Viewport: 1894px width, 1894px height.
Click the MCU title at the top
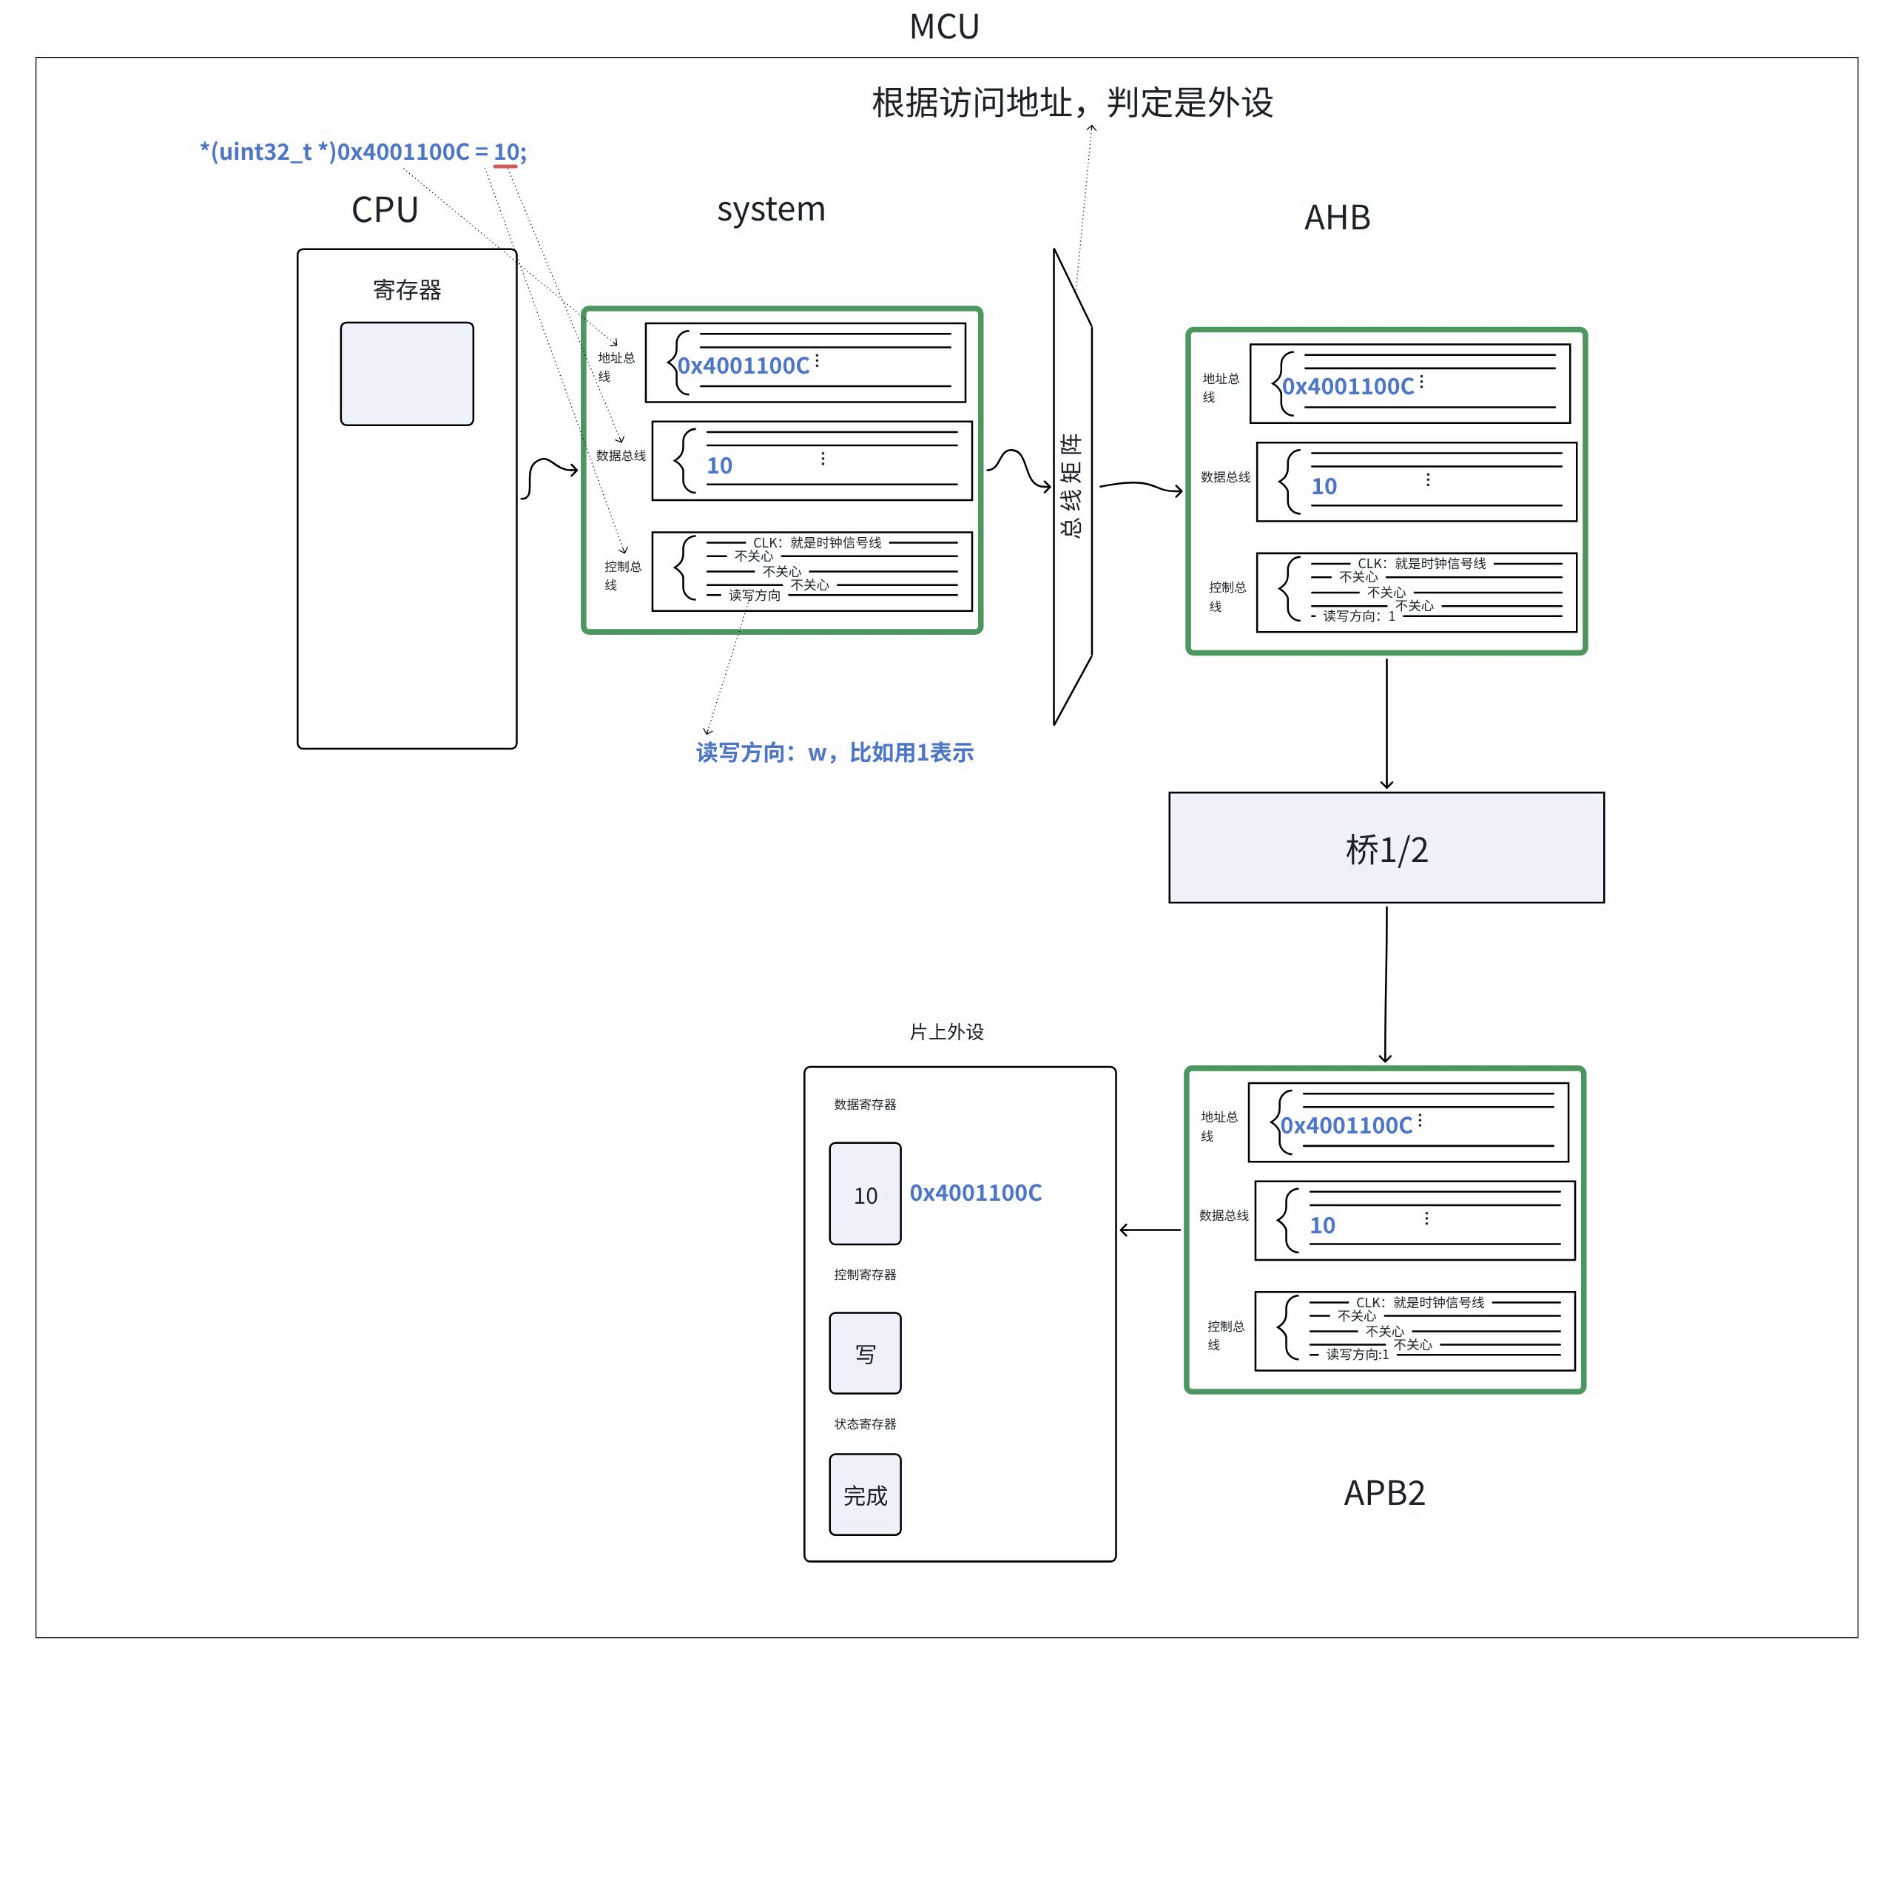[944, 27]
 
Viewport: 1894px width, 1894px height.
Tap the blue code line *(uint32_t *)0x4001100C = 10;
[363, 152]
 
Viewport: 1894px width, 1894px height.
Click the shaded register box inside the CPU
[407, 374]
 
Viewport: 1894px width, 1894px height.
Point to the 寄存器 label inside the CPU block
[407, 290]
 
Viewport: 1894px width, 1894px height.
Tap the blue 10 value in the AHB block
[1324, 486]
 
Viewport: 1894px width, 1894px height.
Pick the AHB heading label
[1337, 218]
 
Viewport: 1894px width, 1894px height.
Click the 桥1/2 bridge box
[1386, 848]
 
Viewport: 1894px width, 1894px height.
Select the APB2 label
[1384, 1493]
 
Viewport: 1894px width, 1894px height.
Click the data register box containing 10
[865, 1193]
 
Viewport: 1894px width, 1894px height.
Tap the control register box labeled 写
[865, 1353]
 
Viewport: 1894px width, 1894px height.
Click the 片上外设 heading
[946, 1031]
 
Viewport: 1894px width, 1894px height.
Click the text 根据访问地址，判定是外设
[1073, 102]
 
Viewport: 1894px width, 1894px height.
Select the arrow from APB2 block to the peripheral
[1150, 1230]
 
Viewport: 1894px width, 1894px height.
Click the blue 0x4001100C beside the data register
[975, 1193]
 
